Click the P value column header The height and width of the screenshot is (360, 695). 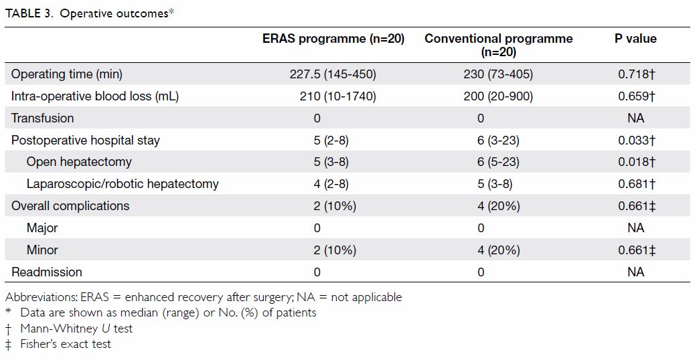click(x=635, y=39)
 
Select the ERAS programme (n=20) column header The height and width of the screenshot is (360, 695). click(x=333, y=39)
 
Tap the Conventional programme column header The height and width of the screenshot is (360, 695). click(x=499, y=45)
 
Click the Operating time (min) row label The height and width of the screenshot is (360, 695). click(x=66, y=74)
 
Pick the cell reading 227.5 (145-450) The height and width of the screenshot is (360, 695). click(x=333, y=74)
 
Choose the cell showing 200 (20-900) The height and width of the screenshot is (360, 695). click(x=498, y=96)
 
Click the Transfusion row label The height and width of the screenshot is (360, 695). click(x=43, y=118)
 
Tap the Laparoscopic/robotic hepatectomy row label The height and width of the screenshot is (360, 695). click(x=123, y=184)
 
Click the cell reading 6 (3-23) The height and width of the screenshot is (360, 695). click(x=498, y=141)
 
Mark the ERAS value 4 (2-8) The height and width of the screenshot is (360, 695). click(x=331, y=184)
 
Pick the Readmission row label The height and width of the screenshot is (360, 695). click(x=47, y=272)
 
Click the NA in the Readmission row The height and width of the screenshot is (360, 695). click(x=635, y=272)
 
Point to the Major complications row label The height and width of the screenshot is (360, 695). click(x=42, y=228)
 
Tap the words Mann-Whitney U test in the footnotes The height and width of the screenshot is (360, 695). click(x=76, y=329)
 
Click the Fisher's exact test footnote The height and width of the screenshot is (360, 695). click(x=66, y=344)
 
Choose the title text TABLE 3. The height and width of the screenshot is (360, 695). click(x=29, y=13)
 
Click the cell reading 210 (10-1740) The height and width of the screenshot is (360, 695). click(x=337, y=96)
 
